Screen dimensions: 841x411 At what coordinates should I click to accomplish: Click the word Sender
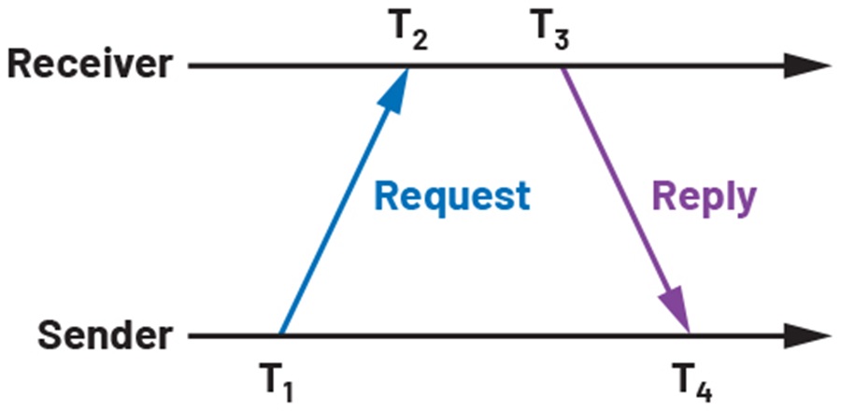pyautogui.click(x=105, y=336)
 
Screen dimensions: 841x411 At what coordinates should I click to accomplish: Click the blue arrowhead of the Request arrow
pyautogui.click(x=394, y=89)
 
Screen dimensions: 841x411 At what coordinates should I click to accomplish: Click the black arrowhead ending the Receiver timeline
pyautogui.click(x=807, y=66)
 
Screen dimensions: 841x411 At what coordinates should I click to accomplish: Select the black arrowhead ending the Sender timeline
pyautogui.click(x=807, y=336)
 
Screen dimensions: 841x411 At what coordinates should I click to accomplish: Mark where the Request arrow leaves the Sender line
pyautogui.click(x=280, y=334)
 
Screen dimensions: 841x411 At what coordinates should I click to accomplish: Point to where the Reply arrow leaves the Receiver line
pyautogui.click(x=562, y=68)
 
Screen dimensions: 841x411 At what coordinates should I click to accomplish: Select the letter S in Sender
pyautogui.click(x=49, y=336)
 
